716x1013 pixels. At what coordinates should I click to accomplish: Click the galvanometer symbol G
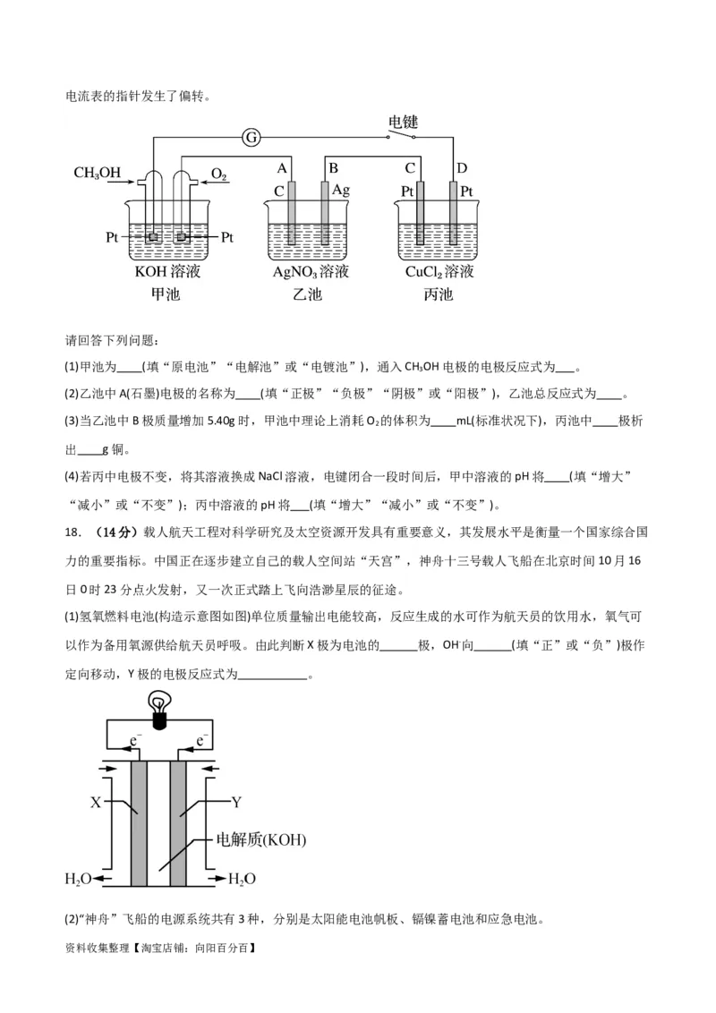click(x=252, y=137)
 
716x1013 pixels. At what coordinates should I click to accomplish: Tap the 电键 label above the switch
click(x=403, y=122)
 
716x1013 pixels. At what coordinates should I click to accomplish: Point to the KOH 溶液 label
click(x=166, y=271)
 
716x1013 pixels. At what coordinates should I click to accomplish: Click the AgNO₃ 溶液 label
click(x=311, y=271)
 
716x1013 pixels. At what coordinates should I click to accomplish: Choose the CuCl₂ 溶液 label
click(x=439, y=271)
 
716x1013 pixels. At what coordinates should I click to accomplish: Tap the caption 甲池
click(x=166, y=294)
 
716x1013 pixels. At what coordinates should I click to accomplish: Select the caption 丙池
click(x=439, y=294)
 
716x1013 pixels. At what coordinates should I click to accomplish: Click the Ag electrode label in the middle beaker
click(x=341, y=191)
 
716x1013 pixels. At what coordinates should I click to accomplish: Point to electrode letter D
click(x=462, y=168)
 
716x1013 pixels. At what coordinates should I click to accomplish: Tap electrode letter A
click(x=281, y=168)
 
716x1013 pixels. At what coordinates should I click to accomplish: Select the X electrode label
click(x=96, y=803)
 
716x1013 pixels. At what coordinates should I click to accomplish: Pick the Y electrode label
click(x=236, y=802)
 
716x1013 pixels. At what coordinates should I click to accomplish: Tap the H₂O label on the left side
click(x=79, y=879)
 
